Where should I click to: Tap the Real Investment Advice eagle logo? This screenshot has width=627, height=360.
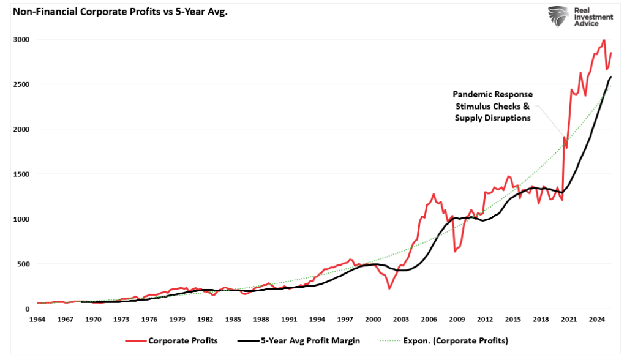coord(559,17)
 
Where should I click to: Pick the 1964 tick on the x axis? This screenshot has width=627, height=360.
coord(37,319)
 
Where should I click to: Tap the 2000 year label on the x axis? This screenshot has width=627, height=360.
coord(374,319)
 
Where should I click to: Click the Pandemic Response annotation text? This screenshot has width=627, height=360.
coord(492,95)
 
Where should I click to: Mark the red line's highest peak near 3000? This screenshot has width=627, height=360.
coord(604,40)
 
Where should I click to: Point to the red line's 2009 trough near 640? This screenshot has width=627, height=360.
coord(455,251)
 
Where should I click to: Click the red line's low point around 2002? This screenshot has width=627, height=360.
coord(389,288)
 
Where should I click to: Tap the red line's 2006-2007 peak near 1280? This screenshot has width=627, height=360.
coord(434,194)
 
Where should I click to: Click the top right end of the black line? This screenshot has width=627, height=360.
coord(611,77)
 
